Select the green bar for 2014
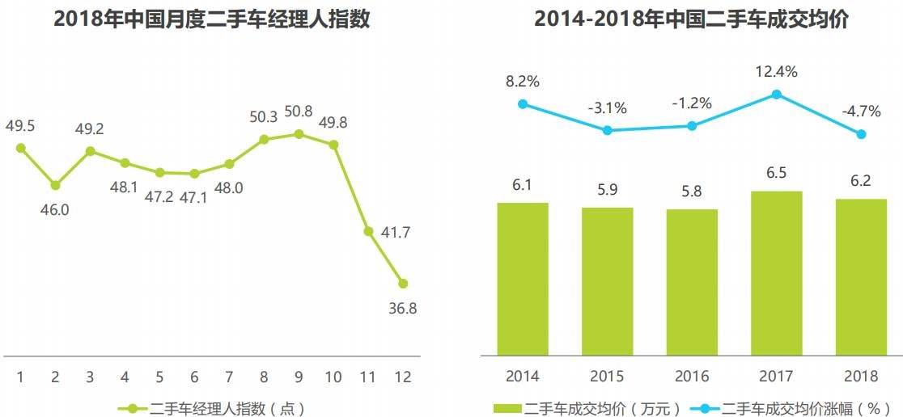tap(523, 279)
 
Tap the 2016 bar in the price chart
tap(692, 282)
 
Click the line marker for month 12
tap(403, 284)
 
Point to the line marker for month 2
tap(55, 185)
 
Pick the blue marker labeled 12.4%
tap(777, 95)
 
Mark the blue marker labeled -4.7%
tap(862, 134)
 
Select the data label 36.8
tap(403, 308)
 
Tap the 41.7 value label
tap(395, 233)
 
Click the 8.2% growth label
tap(523, 81)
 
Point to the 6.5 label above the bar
tap(777, 173)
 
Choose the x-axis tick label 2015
tap(607, 377)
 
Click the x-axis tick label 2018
tap(861, 377)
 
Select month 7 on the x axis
tap(229, 377)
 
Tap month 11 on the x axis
tap(368, 377)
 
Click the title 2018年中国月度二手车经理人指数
tap(212, 19)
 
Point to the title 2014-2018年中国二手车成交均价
tap(692, 19)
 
